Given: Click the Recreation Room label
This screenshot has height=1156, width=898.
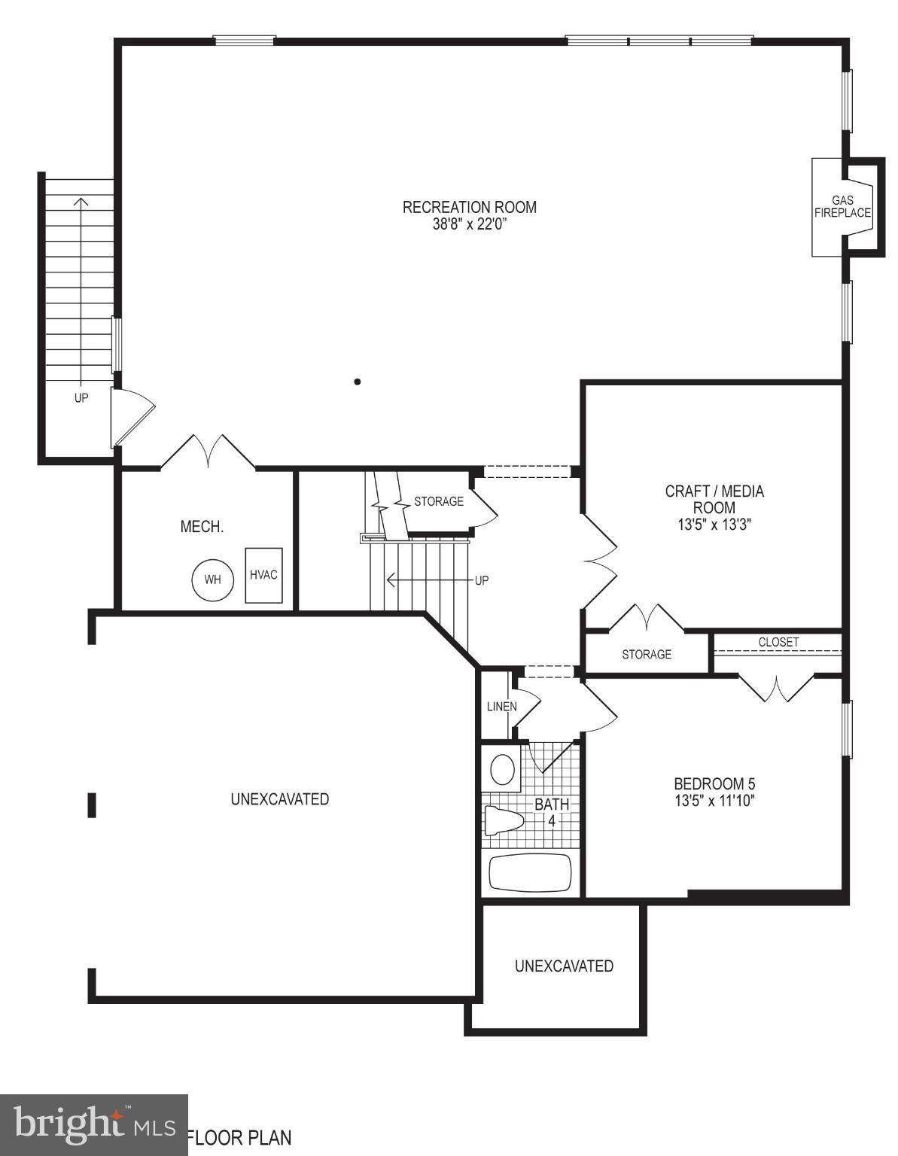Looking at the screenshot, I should coord(469,207).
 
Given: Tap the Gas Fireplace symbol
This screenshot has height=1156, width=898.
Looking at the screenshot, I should coord(842,206).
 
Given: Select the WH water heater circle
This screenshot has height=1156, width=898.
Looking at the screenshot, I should coord(213,580).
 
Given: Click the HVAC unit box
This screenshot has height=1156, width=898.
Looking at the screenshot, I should coord(263,575).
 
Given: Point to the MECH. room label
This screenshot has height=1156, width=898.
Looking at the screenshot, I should coord(202,527).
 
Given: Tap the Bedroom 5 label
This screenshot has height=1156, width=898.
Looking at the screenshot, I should coord(714,783).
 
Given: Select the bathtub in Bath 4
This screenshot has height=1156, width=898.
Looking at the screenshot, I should coord(530,873).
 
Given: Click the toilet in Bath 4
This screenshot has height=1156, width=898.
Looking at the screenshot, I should coord(504,820).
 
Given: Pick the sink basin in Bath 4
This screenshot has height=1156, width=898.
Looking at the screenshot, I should coord(502,770).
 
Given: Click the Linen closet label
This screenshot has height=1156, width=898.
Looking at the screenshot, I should coord(501,707).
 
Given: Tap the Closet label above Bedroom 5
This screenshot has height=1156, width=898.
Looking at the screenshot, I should coord(778,642).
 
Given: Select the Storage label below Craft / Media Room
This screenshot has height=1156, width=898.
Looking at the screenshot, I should coord(647,655).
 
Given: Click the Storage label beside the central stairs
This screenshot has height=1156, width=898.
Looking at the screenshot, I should coord(439,501).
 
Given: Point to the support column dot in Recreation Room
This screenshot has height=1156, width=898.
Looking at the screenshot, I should coord(358,382).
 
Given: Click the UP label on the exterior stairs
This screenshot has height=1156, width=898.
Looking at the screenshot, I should coord(81,398).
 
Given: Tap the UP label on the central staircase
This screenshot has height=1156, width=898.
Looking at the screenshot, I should coord(482,580).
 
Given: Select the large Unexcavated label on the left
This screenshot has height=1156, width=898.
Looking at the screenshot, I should coord(280,799).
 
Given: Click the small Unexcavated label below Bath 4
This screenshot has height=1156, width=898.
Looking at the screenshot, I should coord(564,966).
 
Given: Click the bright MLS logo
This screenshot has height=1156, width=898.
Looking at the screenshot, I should coord(93,1125).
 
